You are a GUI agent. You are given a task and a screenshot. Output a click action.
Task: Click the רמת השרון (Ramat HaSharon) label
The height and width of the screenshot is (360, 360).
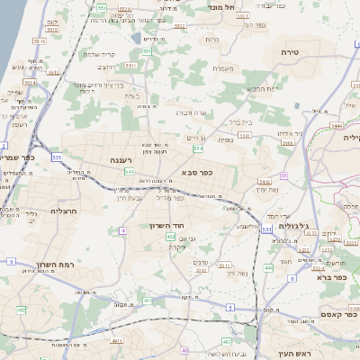click(53, 265)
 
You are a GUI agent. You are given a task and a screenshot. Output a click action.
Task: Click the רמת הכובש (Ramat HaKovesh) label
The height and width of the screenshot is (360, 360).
click(263, 88)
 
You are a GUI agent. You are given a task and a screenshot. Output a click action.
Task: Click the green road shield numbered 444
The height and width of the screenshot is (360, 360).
click(268, 267)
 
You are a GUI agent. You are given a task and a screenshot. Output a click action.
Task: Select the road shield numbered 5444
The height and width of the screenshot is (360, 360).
click(337, 126)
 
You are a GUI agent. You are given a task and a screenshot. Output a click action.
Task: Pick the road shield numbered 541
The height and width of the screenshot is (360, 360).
click(130, 170)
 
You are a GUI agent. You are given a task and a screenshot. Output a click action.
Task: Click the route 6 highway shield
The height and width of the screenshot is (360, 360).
click(292, 277)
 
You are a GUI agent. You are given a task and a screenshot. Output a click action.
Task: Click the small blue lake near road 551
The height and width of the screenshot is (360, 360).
click(136, 39)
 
